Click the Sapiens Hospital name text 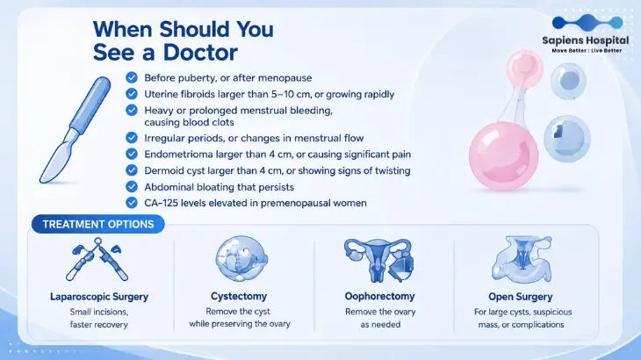point(586,40)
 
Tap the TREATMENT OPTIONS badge point(98,224)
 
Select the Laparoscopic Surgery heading point(99,297)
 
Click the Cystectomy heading point(239,296)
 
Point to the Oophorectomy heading point(380,296)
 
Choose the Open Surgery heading point(521,297)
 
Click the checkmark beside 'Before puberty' point(132,77)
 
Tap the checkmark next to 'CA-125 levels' point(132,203)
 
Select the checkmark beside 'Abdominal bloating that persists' point(132,187)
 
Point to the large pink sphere point(503,156)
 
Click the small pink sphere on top point(525,68)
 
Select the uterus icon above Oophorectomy point(379,260)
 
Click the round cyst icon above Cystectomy point(241,258)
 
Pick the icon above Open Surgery point(522,260)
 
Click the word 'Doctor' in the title point(200,53)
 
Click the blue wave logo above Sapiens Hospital point(587,22)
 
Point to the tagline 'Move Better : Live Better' point(587,51)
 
